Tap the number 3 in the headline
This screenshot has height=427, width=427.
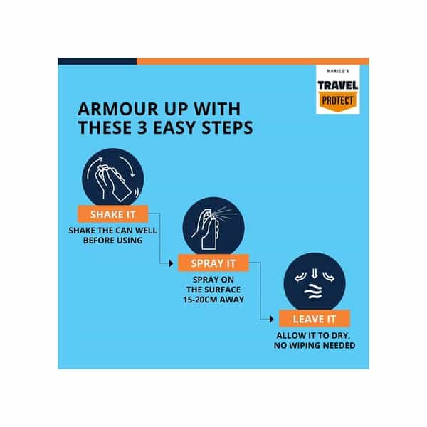[x=142, y=127]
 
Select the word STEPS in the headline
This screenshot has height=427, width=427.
[x=228, y=127]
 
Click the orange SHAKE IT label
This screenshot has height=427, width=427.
[x=113, y=214]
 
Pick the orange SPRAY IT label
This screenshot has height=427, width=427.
[x=213, y=263]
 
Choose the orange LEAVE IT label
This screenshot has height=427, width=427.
[x=315, y=319]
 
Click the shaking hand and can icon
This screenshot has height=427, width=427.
[x=113, y=177]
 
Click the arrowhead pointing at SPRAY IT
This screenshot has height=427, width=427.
[x=171, y=263]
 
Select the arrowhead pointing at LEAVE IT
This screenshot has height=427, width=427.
[x=272, y=319]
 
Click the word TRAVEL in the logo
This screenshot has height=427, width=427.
[x=338, y=85]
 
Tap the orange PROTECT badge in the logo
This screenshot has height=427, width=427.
[x=338, y=102]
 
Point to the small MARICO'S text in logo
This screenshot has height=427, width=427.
[x=337, y=70]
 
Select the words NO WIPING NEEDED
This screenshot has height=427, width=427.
[x=315, y=346]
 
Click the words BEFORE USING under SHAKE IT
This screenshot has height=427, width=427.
[x=113, y=241]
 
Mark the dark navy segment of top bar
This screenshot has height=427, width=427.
[x=97, y=61]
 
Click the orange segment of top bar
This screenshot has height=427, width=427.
[x=253, y=61]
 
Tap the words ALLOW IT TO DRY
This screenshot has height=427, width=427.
[x=313, y=336]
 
